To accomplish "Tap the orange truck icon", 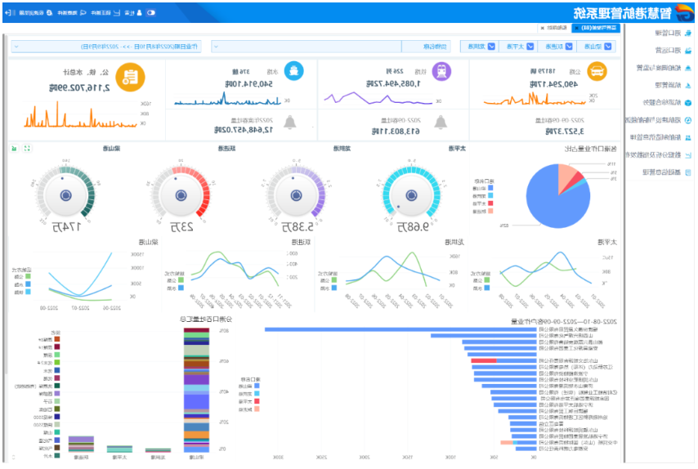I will tap(597, 72).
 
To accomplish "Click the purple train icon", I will tap(441, 72).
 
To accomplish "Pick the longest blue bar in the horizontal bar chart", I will tap(400, 330).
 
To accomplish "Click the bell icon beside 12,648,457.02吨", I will tap(289, 122).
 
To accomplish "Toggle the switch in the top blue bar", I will tap(150, 12).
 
